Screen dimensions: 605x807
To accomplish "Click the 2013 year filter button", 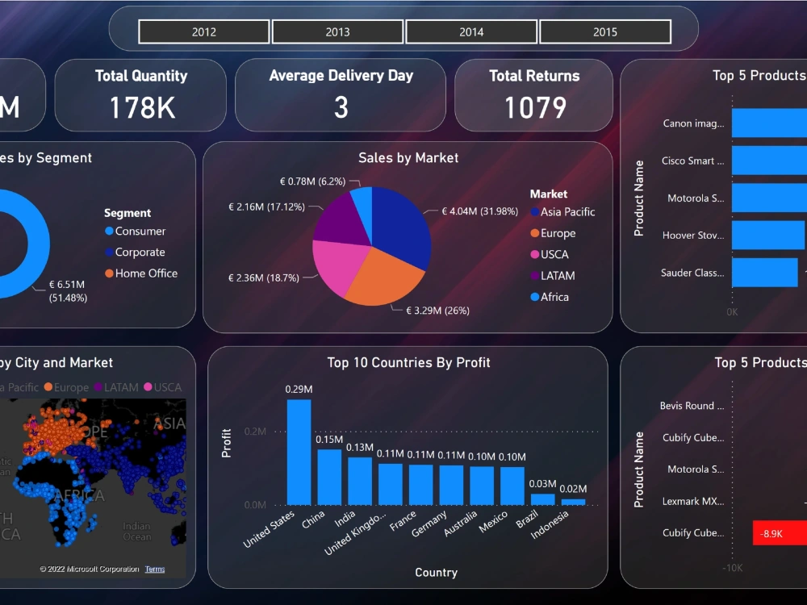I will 337,32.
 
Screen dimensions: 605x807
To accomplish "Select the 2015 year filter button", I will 604,32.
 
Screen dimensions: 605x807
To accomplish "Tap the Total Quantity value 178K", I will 141,107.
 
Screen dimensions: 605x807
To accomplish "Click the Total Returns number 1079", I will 534,107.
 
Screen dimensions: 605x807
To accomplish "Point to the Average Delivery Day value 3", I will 341,107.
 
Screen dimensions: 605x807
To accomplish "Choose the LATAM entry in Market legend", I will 557,276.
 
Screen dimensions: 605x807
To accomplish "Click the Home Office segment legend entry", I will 145,273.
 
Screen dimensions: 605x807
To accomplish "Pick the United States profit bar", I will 299,452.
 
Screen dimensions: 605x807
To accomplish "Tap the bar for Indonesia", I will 573,502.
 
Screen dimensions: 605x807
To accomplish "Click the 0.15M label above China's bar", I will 329,440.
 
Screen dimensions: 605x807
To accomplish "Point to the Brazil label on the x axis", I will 528,520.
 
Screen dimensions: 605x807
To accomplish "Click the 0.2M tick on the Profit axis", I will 255,432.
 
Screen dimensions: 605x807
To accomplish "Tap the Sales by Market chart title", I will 408,158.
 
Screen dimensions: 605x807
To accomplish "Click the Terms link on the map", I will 155,570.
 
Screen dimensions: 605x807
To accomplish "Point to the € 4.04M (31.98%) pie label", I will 479,211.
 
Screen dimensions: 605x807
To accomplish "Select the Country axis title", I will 436,573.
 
